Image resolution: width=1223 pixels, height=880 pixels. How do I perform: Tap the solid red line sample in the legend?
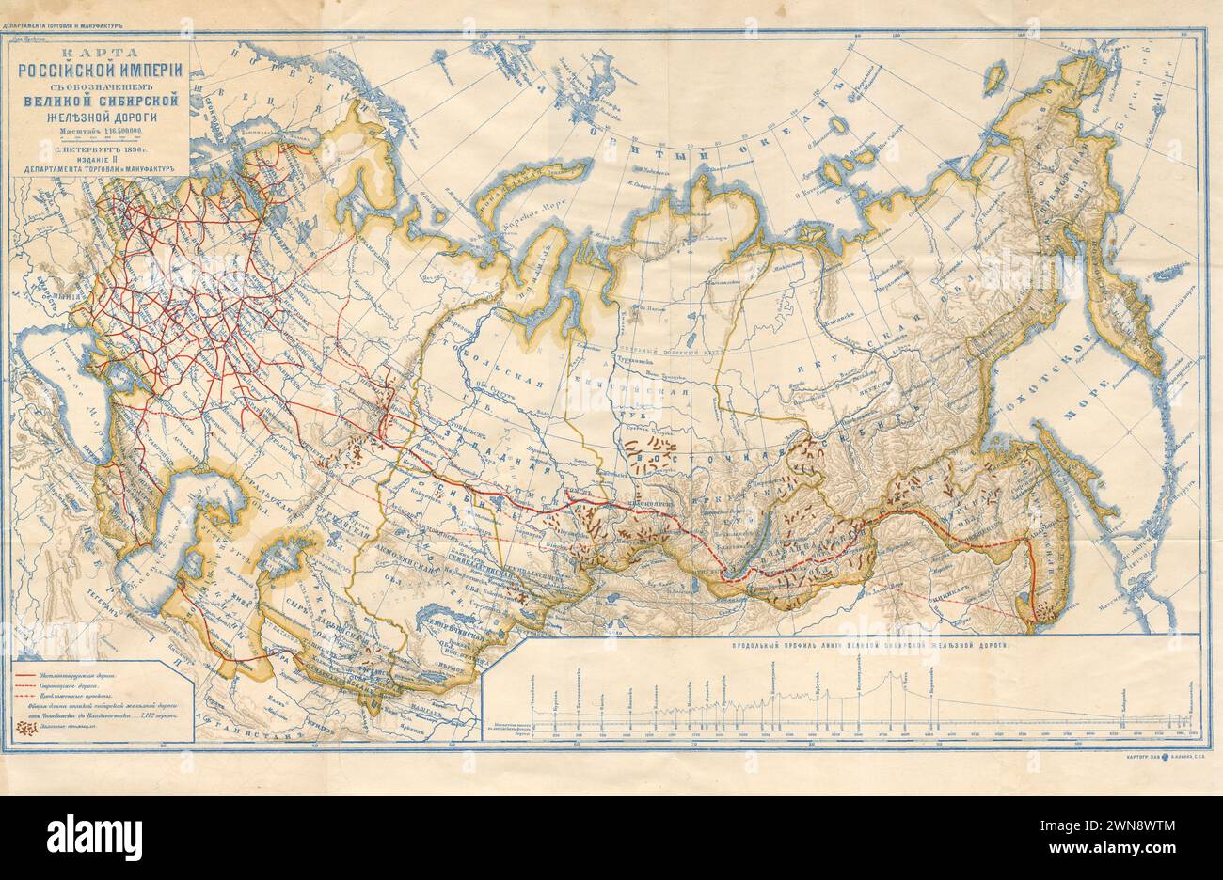click(38, 675)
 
